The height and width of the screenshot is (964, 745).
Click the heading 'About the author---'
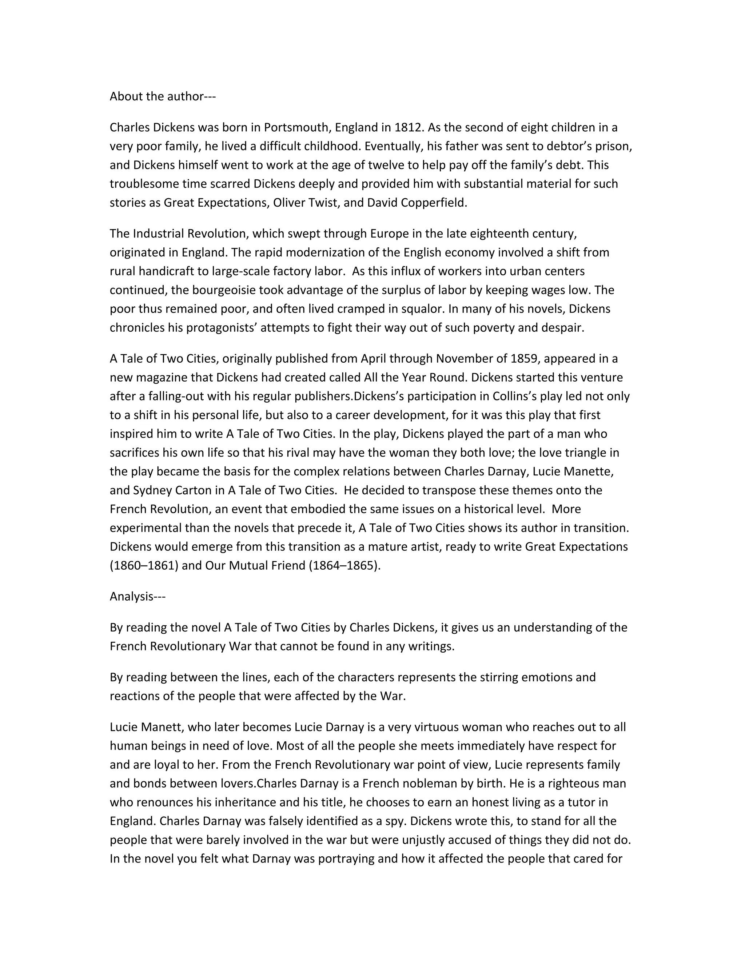coord(162,96)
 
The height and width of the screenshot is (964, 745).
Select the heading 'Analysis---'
coord(137,596)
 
